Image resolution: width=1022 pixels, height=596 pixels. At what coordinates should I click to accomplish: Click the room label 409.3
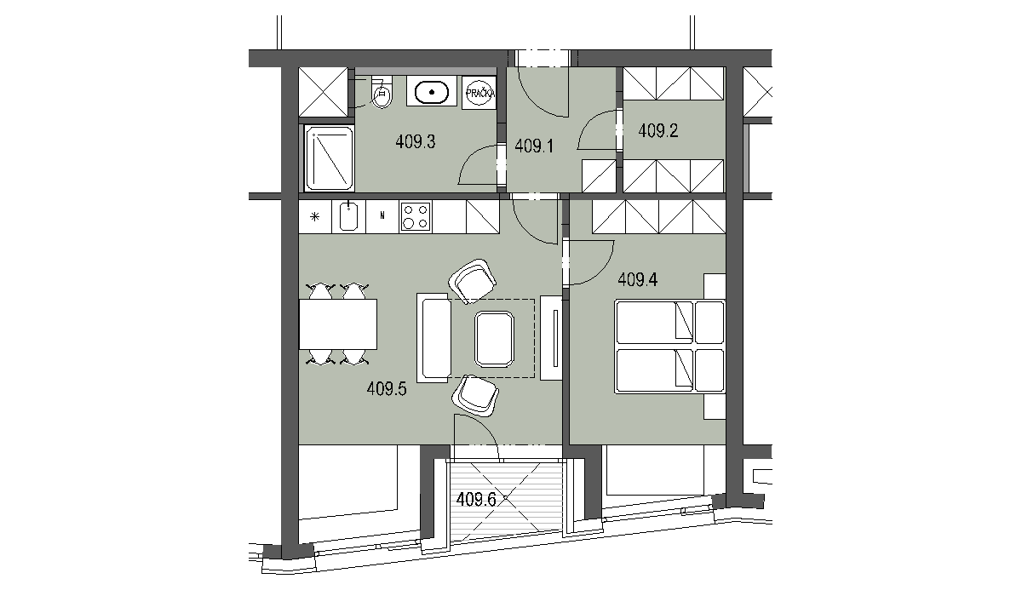[x=416, y=142]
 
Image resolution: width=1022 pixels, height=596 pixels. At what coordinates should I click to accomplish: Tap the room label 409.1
[x=534, y=146]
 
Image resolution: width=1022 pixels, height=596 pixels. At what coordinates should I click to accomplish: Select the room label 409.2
[x=657, y=131]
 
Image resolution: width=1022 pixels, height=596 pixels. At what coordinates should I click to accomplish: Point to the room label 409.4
[x=637, y=279]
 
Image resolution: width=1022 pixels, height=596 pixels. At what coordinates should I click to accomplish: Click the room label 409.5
[x=387, y=389]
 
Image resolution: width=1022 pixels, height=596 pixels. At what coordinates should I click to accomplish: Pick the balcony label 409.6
[x=476, y=500]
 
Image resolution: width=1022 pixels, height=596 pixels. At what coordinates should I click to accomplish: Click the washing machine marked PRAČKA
[x=479, y=93]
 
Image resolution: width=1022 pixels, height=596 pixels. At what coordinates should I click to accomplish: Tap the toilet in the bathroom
[x=382, y=93]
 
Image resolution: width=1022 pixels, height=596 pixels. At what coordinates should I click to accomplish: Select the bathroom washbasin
[x=432, y=93]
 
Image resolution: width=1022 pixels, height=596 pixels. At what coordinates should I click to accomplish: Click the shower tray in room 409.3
[x=329, y=158]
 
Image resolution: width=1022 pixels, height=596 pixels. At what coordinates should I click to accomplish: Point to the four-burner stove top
[x=416, y=216]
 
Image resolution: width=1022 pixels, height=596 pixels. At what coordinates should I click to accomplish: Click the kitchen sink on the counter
[x=348, y=216]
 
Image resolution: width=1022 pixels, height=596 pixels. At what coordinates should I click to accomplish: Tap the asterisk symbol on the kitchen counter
[x=315, y=216]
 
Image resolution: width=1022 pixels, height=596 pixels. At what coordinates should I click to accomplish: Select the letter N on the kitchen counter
[x=382, y=216]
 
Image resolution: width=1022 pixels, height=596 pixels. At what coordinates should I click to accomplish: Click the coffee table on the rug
[x=494, y=339]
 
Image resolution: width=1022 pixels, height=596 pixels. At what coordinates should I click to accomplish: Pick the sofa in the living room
[x=433, y=338]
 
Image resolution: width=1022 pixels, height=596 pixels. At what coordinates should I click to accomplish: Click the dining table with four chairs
[x=338, y=324]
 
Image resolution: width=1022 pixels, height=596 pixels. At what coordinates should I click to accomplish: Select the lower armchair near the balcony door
[x=475, y=395]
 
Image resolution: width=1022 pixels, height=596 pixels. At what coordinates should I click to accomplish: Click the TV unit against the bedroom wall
[x=551, y=338]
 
